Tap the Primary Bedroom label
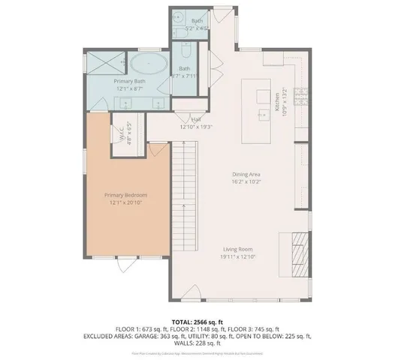(125, 195)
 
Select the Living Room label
(237, 249)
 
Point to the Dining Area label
(247, 174)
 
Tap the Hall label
(196, 120)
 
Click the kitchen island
(261, 113)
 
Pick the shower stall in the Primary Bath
(98, 61)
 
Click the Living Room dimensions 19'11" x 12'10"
(237, 256)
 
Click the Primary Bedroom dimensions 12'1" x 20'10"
(125, 202)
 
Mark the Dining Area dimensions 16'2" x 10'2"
(247, 181)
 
